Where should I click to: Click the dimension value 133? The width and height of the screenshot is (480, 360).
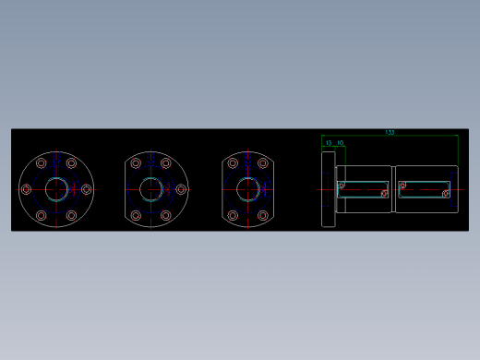coord(390,133)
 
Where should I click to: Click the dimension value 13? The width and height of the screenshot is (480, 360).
coord(329,143)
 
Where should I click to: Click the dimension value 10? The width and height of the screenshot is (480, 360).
coord(340,143)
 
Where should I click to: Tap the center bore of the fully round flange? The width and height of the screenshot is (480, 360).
coord(55,189)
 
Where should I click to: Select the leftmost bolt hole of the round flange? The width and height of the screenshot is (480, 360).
coord(25,189)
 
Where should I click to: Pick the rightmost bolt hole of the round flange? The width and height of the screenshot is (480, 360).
coord(86,189)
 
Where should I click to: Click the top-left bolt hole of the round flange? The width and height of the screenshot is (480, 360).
coord(41,163)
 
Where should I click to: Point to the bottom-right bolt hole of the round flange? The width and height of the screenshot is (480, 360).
coord(71,215)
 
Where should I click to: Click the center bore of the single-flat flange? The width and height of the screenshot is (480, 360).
coord(151,189)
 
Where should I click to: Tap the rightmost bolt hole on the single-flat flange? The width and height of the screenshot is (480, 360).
coord(182,189)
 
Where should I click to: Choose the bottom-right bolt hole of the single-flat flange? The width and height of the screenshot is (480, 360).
coord(167,215)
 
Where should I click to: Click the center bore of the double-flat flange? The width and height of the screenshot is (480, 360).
coord(246,189)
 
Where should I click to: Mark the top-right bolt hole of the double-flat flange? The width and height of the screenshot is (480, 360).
coord(262,163)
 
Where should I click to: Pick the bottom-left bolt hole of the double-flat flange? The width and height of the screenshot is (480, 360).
coord(232,215)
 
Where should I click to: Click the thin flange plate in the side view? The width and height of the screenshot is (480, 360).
coord(328,189)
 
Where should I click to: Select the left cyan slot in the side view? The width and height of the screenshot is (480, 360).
coord(363,189)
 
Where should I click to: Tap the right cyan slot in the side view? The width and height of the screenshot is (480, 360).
coord(425,189)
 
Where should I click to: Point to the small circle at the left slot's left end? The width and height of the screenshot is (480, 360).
coord(342,185)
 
